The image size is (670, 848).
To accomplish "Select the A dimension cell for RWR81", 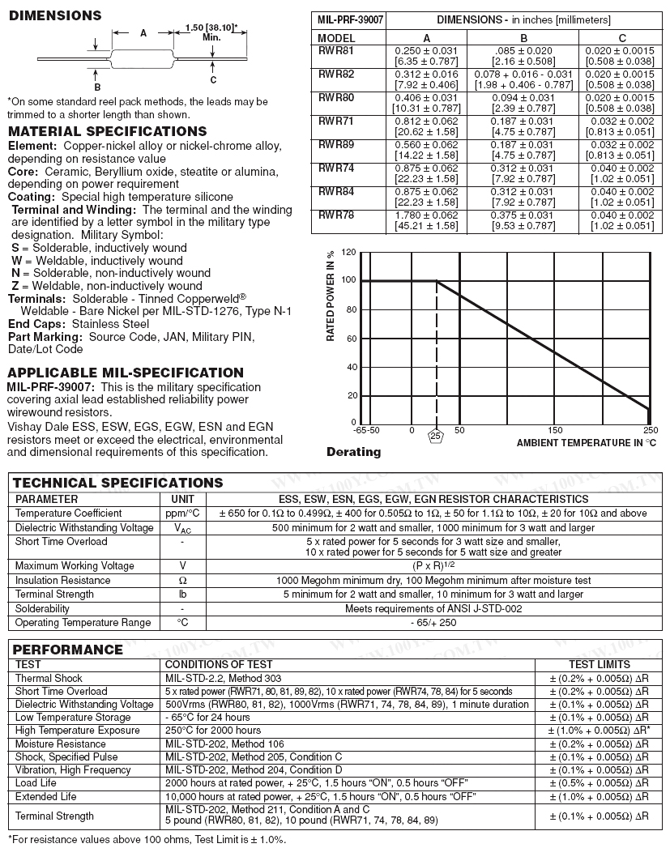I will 425,56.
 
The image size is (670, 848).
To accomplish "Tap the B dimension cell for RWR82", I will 523,79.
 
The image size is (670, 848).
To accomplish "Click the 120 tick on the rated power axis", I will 349,252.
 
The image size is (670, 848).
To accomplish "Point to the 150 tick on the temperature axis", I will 555,430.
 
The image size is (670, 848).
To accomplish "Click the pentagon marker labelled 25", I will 436,436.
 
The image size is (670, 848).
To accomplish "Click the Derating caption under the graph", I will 353,452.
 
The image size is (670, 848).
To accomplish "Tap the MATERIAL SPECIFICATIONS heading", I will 107,131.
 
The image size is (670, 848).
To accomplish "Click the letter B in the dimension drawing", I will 97,87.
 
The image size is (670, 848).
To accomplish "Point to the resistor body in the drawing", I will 143,58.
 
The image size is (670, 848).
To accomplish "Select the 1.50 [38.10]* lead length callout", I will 211,32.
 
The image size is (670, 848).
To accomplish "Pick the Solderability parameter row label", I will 42,608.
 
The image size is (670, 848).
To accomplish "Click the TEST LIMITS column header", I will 599,664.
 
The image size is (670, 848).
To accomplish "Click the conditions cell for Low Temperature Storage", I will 207,718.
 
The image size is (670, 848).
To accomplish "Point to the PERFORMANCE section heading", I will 68,650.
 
